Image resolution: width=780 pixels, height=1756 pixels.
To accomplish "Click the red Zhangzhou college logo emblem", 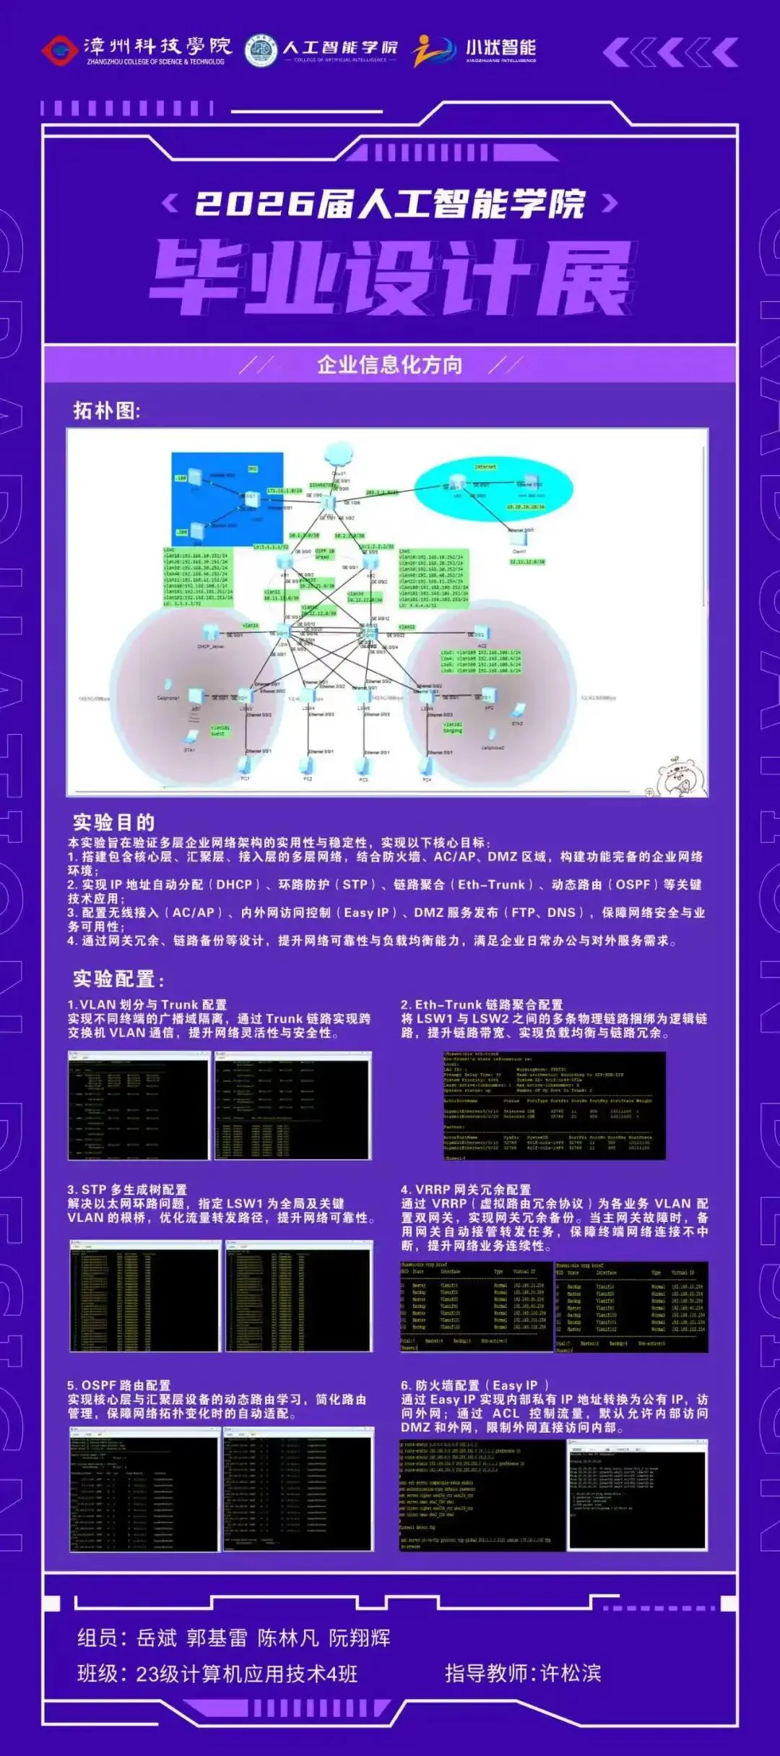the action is point(59,51).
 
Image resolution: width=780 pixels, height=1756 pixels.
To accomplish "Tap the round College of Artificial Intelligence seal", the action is point(261,51).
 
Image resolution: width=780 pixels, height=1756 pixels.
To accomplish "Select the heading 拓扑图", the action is point(107,410).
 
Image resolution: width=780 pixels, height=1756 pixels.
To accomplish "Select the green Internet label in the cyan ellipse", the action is point(485,467).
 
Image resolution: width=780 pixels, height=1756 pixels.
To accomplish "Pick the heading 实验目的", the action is point(114,822).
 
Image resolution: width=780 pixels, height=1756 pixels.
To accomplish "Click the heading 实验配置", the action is point(118,979).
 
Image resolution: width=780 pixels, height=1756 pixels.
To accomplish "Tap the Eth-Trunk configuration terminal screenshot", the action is point(554,1106).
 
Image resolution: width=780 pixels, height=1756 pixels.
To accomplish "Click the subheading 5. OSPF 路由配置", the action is point(119,1385).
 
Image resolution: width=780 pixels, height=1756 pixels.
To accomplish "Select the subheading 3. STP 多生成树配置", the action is point(127,1189).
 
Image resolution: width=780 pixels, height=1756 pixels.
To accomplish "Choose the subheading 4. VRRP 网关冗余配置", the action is point(466,1189).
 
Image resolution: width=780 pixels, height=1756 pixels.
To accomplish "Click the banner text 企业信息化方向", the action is point(390,365).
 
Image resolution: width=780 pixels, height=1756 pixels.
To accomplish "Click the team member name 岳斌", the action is point(157,1637).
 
